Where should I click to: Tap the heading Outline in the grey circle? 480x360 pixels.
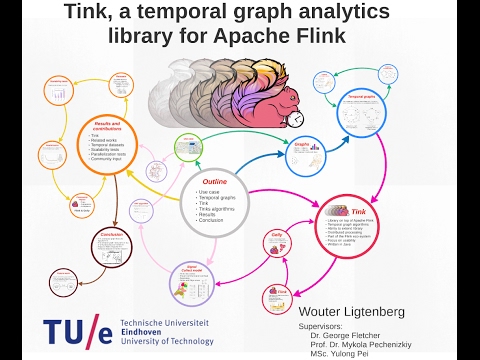pyautogui.click(x=215, y=182)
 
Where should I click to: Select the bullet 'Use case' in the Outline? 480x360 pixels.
pyautogui.click(x=210, y=191)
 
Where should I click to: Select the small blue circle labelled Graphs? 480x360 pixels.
pyautogui.click(x=298, y=151)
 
